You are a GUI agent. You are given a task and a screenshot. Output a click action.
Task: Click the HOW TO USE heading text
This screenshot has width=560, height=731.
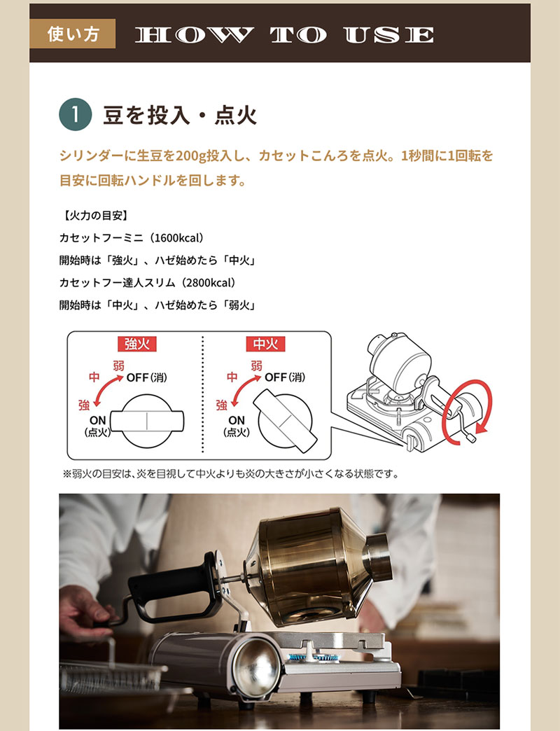pos(284,35)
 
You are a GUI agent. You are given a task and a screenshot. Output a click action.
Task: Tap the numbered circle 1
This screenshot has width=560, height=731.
pos(76,115)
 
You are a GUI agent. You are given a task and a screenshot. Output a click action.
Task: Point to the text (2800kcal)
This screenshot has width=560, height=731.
pos(201,283)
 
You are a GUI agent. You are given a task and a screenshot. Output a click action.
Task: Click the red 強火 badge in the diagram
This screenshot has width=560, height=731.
pos(136,344)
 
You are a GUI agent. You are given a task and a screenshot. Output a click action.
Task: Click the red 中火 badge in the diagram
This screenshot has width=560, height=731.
pos(265,344)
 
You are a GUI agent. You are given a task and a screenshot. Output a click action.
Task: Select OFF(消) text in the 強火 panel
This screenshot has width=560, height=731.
pos(147,377)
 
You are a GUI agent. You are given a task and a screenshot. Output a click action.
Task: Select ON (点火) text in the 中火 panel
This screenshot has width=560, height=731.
pos(237,426)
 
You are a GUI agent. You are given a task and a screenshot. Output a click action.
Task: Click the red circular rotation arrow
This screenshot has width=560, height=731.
pos(477,406)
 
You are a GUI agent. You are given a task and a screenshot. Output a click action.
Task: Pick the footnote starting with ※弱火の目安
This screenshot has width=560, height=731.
pos(231,474)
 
